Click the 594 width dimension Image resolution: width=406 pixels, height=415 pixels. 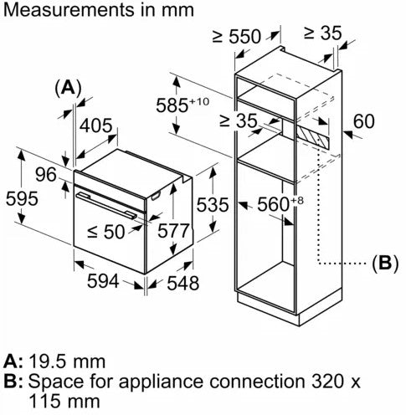click(x=103, y=281)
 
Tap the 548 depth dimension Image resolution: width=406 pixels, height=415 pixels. click(x=183, y=283)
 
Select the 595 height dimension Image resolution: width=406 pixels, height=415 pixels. click(x=22, y=198)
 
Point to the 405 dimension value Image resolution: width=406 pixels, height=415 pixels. click(x=96, y=126)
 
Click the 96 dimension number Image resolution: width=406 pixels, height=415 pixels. click(x=46, y=175)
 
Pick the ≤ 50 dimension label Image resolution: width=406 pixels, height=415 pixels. click(x=106, y=232)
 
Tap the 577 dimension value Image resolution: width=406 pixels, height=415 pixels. click(x=173, y=231)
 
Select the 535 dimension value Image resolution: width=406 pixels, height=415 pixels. click(x=213, y=205)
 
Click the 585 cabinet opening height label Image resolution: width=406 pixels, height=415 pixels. click(x=182, y=105)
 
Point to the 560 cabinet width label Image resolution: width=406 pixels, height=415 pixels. click(x=280, y=203)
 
